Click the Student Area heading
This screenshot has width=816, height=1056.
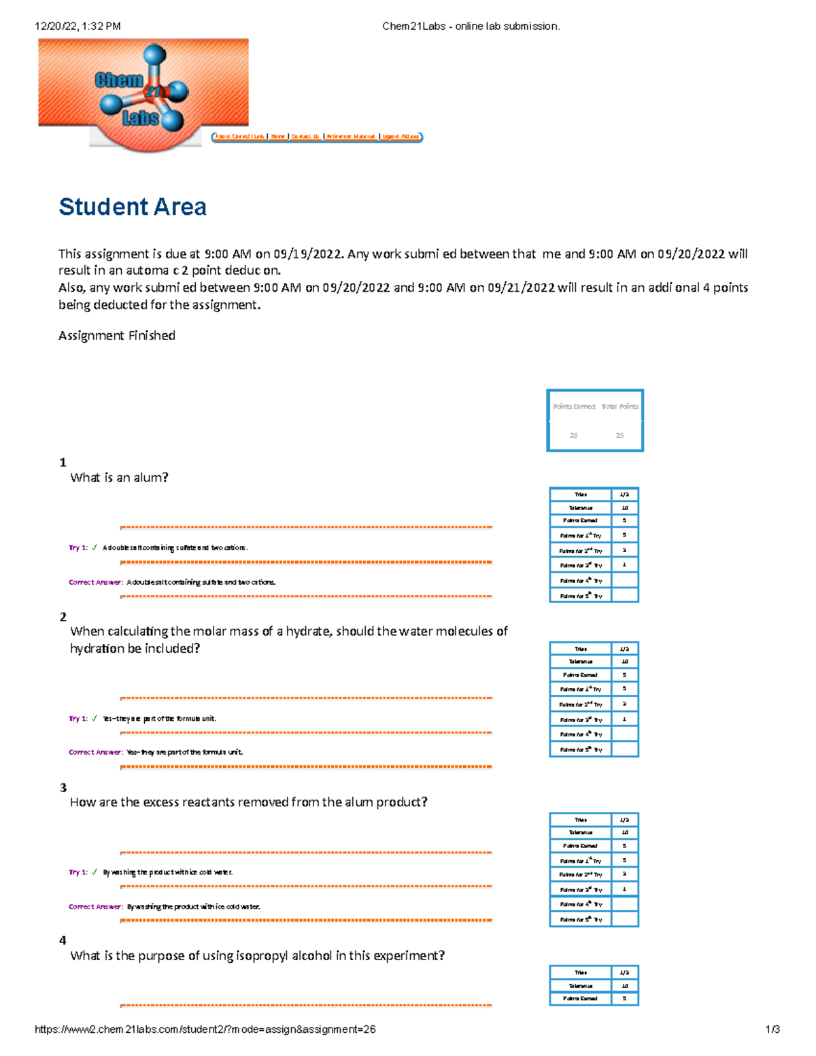coord(133,207)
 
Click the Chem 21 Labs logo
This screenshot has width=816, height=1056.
coord(143,92)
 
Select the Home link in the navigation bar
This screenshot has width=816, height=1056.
coord(277,137)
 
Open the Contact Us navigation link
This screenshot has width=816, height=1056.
coord(305,137)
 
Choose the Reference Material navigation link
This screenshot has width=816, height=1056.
coord(350,137)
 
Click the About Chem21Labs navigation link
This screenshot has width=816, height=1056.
coord(239,137)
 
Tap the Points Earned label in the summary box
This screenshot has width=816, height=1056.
coord(574,407)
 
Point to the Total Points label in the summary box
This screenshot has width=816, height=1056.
coord(619,407)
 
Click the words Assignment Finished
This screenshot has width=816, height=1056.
coord(117,335)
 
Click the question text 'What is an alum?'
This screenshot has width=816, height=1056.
coord(119,477)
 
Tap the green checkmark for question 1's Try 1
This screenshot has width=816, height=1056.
coord(95,547)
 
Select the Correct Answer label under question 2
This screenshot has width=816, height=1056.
coord(96,752)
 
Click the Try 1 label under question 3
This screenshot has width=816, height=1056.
coord(78,872)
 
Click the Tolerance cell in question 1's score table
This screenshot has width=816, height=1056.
coord(580,508)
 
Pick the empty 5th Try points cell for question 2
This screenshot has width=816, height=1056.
coord(624,749)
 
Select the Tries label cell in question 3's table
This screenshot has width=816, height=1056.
coord(580,819)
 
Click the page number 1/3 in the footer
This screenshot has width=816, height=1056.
coord(772,1029)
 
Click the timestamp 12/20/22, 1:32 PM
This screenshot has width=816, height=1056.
coord(78,27)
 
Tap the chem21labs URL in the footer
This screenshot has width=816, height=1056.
coord(205,1029)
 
